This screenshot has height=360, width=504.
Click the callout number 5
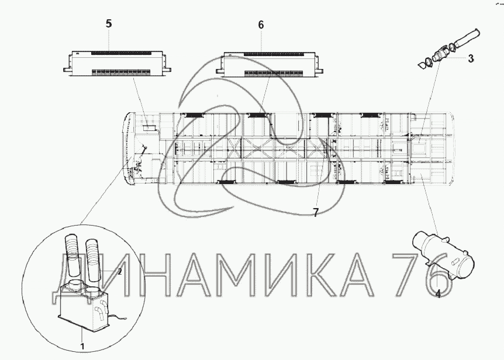(x=109, y=23)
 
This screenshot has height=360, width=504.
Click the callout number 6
(x=261, y=25)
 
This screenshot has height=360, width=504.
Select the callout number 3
(x=471, y=59)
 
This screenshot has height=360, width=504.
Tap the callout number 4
(x=438, y=293)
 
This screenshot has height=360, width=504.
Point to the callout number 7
(x=316, y=212)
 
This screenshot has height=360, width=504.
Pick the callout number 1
(x=82, y=347)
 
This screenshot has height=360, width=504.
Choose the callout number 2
(x=119, y=272)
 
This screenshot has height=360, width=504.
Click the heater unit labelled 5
(x=117, y=63)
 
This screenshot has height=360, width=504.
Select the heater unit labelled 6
(x=270, y=64)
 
